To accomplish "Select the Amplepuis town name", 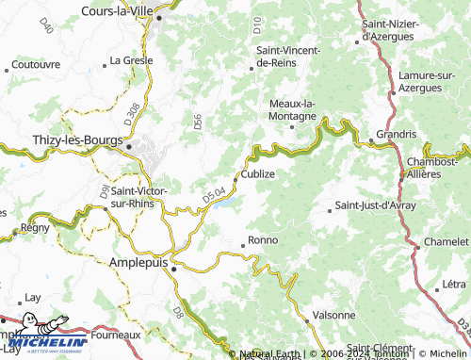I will tap(140, 264).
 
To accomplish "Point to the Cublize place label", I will tap(258, 173).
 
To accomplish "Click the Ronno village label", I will tap(262, 240).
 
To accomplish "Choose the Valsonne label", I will tap(334, 315).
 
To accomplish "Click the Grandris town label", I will tap(396, 134).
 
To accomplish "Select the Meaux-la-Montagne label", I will tap(293, 109).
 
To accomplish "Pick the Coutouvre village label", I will tap(35, 66).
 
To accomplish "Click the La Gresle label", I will tap(130, 59).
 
